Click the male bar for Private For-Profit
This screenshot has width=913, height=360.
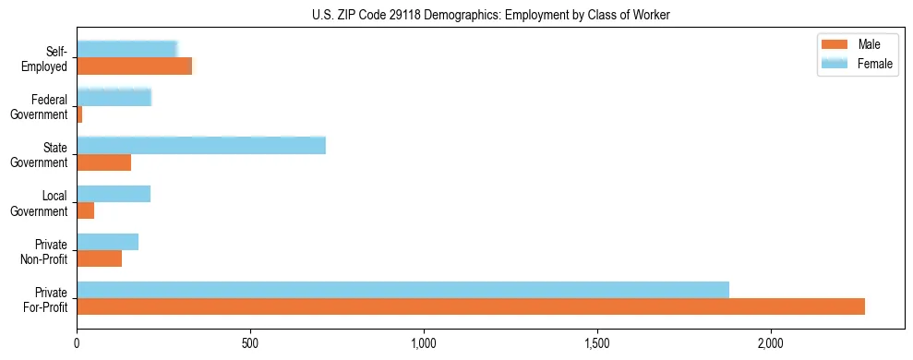click(x=471, y=306)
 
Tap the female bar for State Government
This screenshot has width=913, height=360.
click(x=201, y=146)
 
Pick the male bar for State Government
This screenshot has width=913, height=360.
click(x=104, y=162)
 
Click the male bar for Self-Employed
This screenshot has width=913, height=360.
click(x=135, y=66)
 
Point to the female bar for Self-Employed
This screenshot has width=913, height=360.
click(x=126, y=49)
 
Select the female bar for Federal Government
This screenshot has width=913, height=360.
click(x=114, y=97)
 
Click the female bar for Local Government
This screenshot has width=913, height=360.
click(x=114, y=194)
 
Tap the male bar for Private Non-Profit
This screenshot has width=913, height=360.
click(x=100, y=258)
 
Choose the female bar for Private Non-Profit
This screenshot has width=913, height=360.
click(x=108, y=242)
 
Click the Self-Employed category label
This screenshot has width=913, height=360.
click(x=48, y=58)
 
